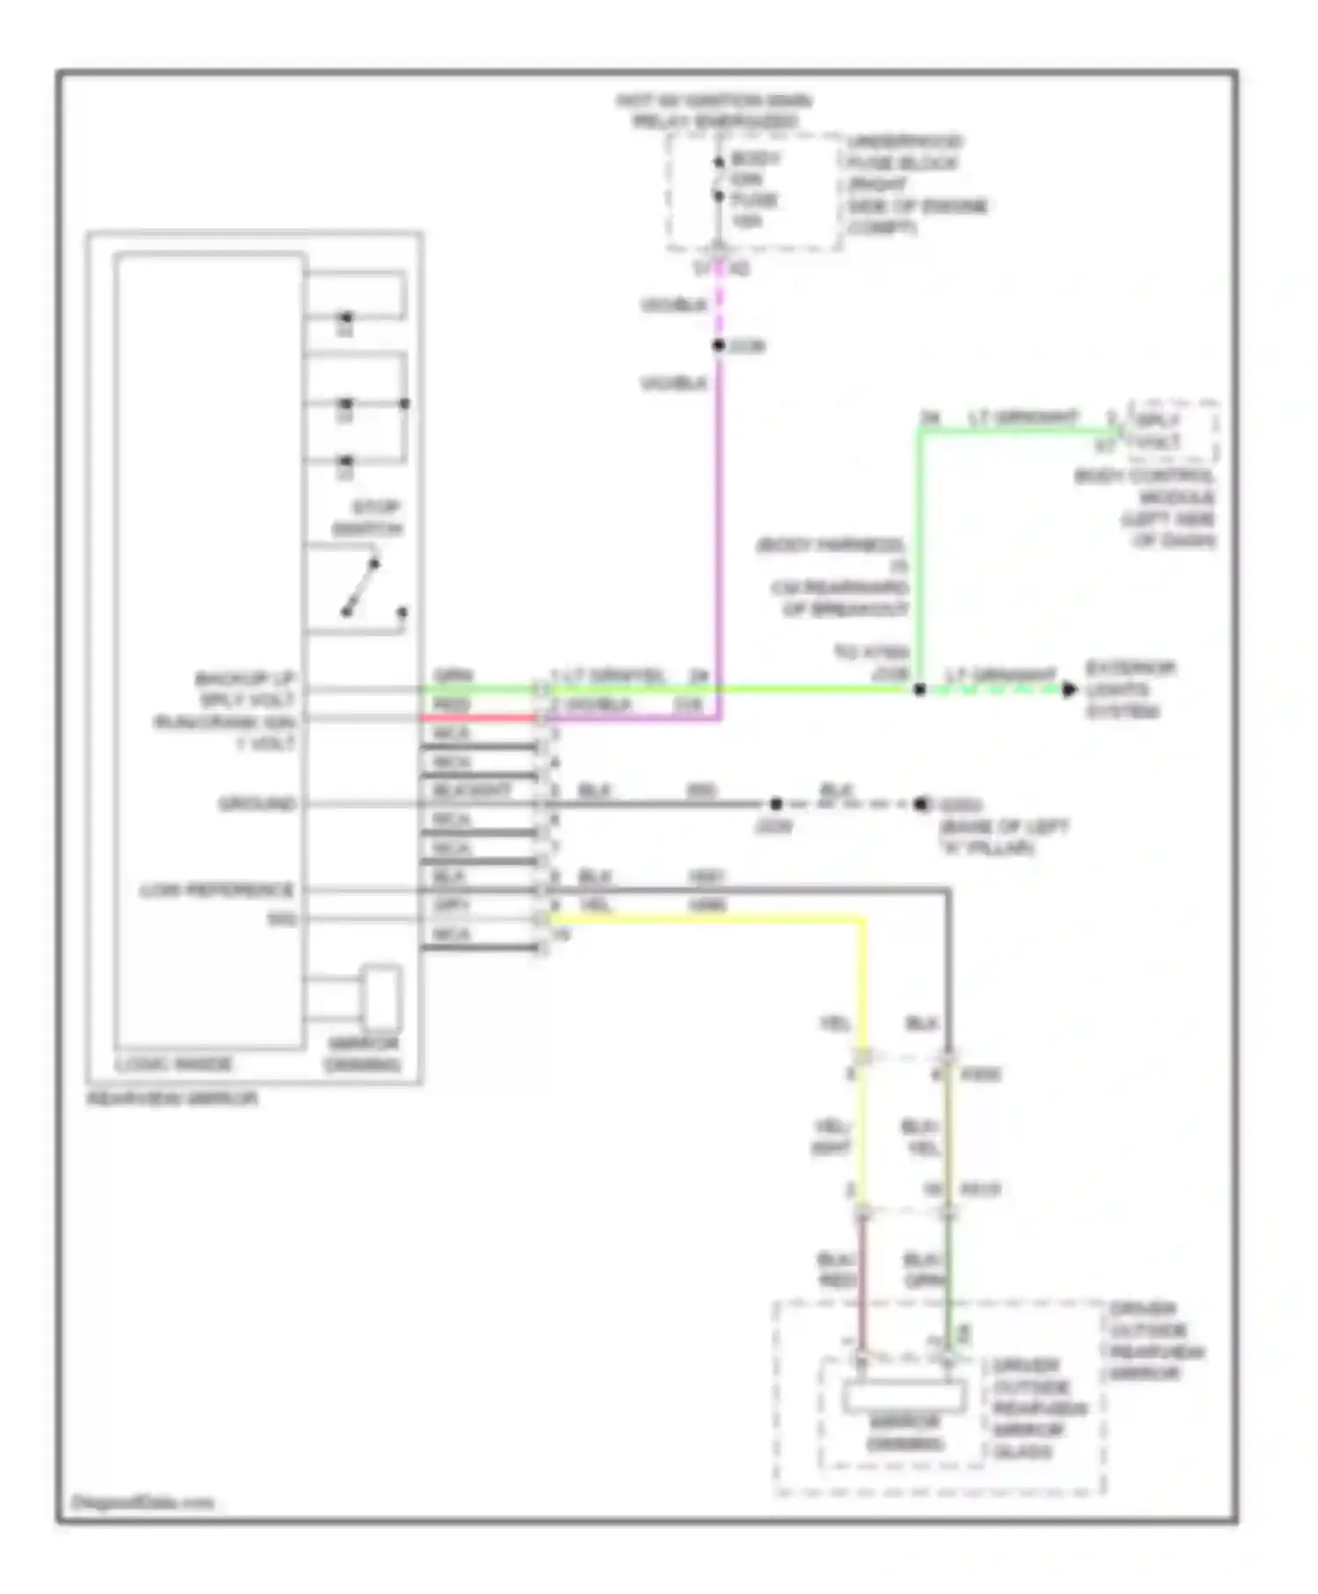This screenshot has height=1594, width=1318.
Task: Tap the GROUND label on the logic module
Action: point(257,803)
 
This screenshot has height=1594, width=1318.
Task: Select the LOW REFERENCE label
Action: point(216,890)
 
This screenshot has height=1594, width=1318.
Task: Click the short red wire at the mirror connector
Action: point(479,718)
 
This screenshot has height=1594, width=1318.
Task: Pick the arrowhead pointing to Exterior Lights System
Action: point(1068,690)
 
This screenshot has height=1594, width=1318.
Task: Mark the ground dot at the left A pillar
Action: point(921,804)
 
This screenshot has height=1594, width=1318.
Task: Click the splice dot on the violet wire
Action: point(719,345)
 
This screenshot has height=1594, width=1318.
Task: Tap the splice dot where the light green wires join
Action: point(919,690)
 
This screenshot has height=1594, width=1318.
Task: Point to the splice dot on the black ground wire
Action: point(775,804)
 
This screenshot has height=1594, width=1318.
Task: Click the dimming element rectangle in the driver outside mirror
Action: point(904,1395)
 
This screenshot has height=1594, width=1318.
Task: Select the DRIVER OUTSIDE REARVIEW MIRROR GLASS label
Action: point(1039,1409)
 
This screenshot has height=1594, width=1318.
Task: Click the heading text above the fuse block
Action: point(713,111)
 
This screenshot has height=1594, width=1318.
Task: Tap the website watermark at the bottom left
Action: point(141,1503)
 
